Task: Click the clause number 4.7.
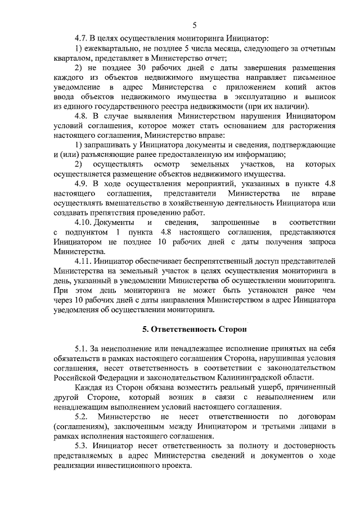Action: point(82,39)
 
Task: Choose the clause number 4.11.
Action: point(84,262)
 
